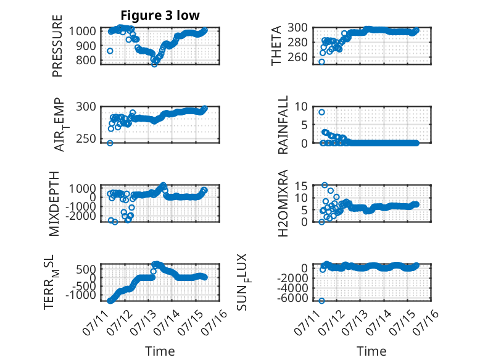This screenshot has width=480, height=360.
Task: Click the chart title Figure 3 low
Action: point(160,15)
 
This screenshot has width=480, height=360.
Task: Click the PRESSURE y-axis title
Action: point(57,46)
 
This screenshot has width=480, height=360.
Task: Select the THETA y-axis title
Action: point(276,46)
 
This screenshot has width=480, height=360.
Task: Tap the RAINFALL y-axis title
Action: point(283,125)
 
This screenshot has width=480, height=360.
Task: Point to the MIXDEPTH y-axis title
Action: point(54,203)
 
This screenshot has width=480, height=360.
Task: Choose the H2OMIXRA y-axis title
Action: point(283,203)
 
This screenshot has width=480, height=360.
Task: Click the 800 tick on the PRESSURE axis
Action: point(86,60)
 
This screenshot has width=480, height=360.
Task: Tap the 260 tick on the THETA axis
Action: point(297,57)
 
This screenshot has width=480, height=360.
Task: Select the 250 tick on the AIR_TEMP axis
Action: point(86,138)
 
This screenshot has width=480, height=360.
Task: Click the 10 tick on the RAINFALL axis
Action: point(301,107)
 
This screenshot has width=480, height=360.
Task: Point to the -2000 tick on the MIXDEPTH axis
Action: point(81,216)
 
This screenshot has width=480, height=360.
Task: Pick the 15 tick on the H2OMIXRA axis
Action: point(301,186)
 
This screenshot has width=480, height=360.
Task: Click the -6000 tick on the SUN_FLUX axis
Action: point(292,298)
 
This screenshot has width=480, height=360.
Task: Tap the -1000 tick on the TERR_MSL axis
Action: point(81,295)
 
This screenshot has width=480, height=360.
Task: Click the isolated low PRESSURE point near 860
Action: point(110,51)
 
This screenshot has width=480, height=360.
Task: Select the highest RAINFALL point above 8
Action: point(321,112)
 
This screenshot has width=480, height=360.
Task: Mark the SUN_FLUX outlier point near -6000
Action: point(321,301)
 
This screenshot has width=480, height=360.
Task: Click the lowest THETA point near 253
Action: point(321,62)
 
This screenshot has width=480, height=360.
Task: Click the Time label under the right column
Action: point(371,351)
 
